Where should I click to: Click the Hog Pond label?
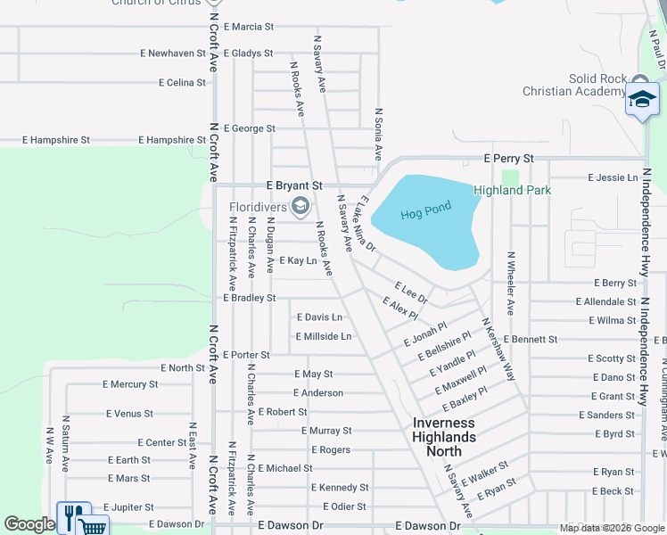pos(426,211)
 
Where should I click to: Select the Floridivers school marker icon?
pos(301,207)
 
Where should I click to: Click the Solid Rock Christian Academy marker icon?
pos(641,99)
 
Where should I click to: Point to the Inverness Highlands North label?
pos(443,437)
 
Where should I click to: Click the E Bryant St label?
pos(287,185)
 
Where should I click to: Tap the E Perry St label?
pos(508,159)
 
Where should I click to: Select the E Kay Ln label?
pos(298,260)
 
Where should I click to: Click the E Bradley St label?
pos(249,298)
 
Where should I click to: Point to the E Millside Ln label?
pos(323,336)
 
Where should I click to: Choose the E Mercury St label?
pos(130,384)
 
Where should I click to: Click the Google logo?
pos(29,525)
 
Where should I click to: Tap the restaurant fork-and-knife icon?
pos(73,517)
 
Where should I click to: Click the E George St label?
pos(249,128)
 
